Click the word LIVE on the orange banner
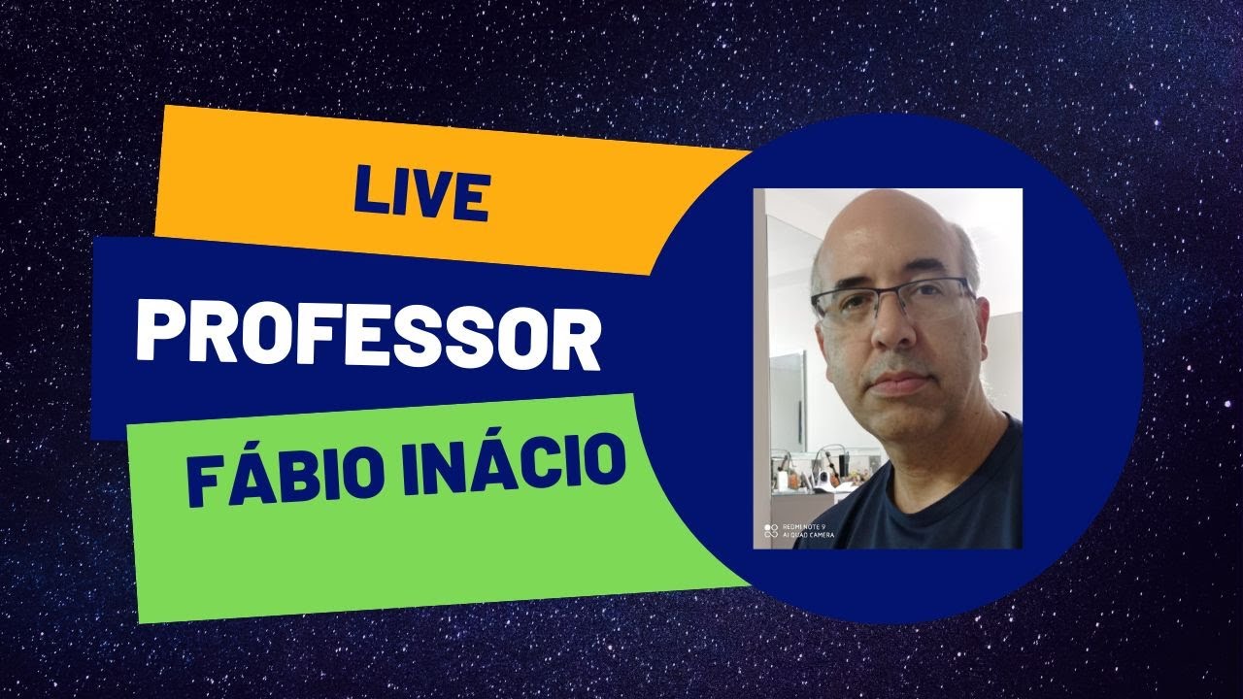420,194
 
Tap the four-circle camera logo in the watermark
771,531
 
